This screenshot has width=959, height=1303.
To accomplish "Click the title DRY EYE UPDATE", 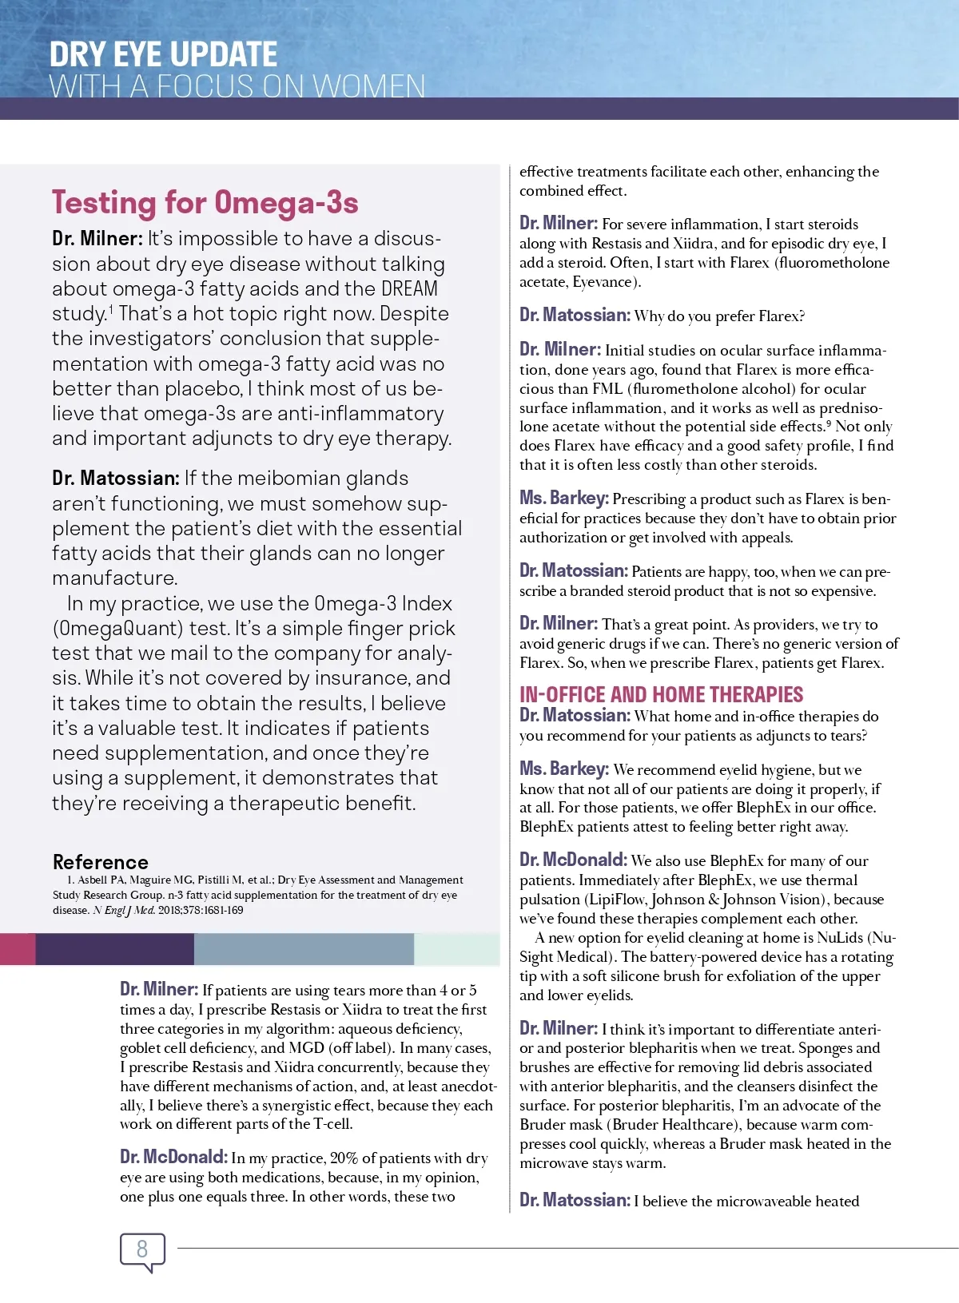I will click(163, 54).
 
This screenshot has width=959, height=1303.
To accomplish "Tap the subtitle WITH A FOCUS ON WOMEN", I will click(237, 86).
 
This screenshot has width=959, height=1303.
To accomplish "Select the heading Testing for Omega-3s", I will click(205, 203).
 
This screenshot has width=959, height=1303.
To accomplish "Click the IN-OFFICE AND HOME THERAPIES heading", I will click(661, 694).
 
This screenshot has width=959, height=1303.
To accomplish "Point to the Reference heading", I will click(101, 862).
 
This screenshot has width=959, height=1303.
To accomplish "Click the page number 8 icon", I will click(142, 1249).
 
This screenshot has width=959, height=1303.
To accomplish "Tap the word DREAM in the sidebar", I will click(409, 288).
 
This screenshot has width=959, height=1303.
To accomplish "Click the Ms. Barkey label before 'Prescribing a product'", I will click(563, 499).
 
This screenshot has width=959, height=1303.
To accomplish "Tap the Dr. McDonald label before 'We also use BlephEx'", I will click(573, 860).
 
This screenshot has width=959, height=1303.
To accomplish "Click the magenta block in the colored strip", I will click(18, 949).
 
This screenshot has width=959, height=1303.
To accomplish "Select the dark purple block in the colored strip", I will click(114, 949).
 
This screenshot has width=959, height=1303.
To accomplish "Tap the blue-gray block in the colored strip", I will click(304, 949).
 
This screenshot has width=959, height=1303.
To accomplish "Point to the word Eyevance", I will click(602, 281).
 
